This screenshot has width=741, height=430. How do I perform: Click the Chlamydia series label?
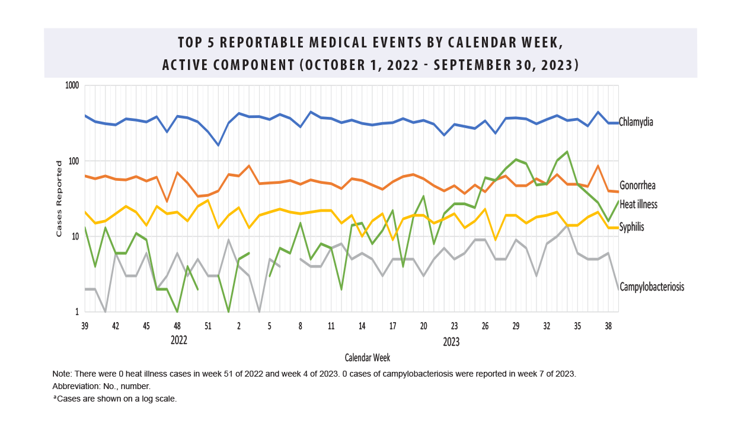click(636, 122)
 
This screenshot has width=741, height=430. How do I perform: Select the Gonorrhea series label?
click(638, 185)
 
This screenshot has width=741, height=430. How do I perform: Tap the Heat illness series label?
click(638, 205)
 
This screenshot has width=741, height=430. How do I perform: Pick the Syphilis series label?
click(631, 227)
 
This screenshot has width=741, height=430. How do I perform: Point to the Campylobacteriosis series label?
click(651, 287)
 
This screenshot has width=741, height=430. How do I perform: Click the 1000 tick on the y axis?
click(71, 85)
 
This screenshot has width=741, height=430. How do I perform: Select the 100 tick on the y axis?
click(73, 161)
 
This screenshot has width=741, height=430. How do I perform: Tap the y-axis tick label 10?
click(75, 237)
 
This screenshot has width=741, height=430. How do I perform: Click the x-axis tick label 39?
click(85, 326)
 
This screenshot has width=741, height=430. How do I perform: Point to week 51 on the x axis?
click(208, 326)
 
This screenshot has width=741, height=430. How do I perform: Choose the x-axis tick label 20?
click(423, 326)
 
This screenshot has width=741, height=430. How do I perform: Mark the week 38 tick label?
click(608, 326)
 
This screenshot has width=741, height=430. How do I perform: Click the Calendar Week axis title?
click(367, 358)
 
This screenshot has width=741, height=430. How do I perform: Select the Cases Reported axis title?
click(59, 199)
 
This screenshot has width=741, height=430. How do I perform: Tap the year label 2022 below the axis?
click(179, 340)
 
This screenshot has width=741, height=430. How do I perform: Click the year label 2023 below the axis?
click(451, 342)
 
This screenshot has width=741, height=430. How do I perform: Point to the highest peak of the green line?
click(567, 152)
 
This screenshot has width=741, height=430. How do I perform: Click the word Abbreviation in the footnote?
click(75, 386)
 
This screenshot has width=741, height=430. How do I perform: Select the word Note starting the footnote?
click(61, 374)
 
